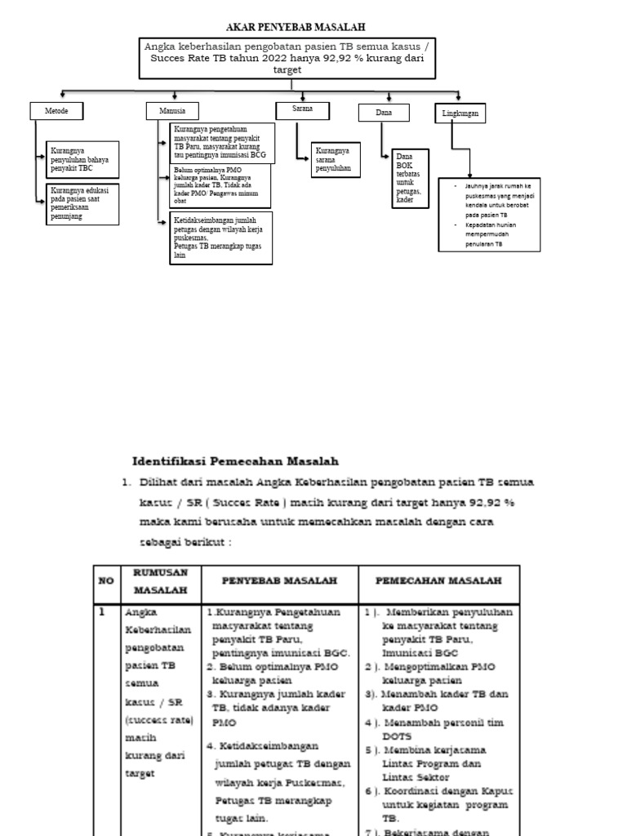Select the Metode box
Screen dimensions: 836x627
coord(58,110)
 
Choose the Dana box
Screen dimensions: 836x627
coord(384,113)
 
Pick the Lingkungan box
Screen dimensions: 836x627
coord(460,113)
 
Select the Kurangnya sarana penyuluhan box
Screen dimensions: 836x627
coord(336,160)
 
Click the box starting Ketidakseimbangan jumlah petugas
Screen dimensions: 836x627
coord(221,238)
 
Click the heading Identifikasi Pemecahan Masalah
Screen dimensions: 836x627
coord(235,461)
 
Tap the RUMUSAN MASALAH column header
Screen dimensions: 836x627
coord(160,580)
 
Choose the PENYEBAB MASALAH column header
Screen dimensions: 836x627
coord(278,580)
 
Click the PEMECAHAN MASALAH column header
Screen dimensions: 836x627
coord(438,580)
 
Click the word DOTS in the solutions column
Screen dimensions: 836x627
coord(396,736)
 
